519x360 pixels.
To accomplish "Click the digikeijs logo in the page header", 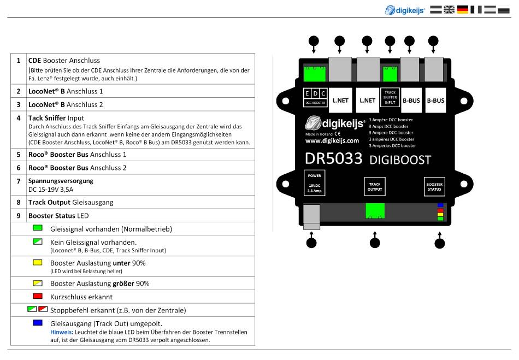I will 405,9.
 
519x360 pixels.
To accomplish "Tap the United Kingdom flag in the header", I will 449,9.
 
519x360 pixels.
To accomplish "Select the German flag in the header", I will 463,9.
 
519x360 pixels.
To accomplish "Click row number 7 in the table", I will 19,181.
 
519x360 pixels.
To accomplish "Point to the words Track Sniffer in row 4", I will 46,117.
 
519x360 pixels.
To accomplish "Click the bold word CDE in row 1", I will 34,60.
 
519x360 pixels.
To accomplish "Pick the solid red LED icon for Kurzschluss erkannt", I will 38,297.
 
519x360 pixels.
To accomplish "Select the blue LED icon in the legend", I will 38,323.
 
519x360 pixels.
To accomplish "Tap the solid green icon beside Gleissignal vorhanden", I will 38,228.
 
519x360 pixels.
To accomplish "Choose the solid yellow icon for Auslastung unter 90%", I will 38,263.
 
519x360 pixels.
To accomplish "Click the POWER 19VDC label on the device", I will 315,181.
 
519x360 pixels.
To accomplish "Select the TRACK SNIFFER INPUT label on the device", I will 390,97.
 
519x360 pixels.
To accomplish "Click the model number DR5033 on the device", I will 333,158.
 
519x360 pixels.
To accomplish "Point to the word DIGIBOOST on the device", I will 400,160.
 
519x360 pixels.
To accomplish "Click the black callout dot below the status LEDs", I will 440,244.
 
